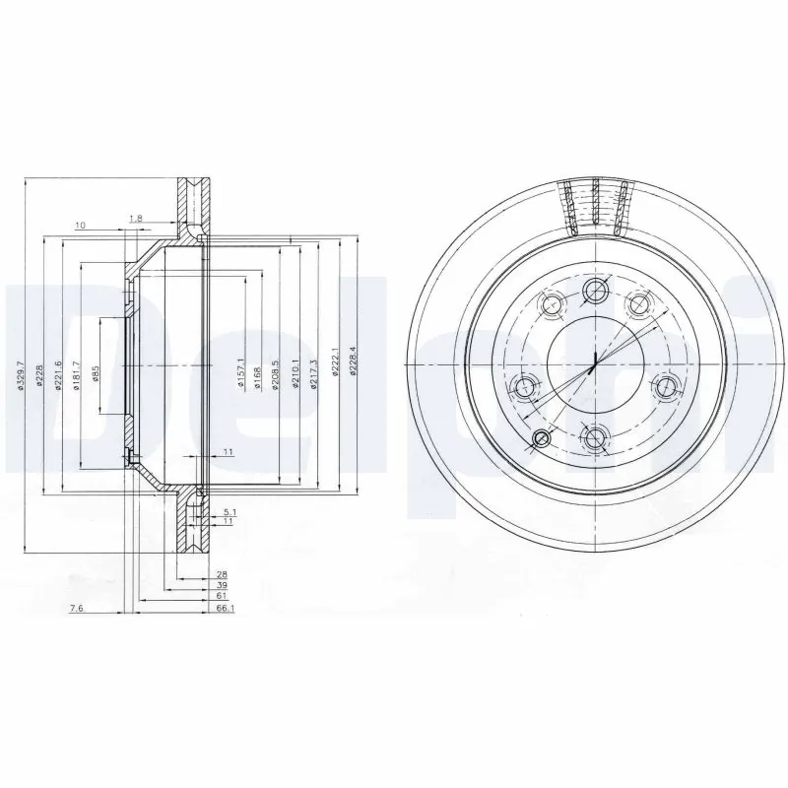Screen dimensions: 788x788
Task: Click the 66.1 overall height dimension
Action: (223, 610)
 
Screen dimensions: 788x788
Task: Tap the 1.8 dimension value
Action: (136, 218)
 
